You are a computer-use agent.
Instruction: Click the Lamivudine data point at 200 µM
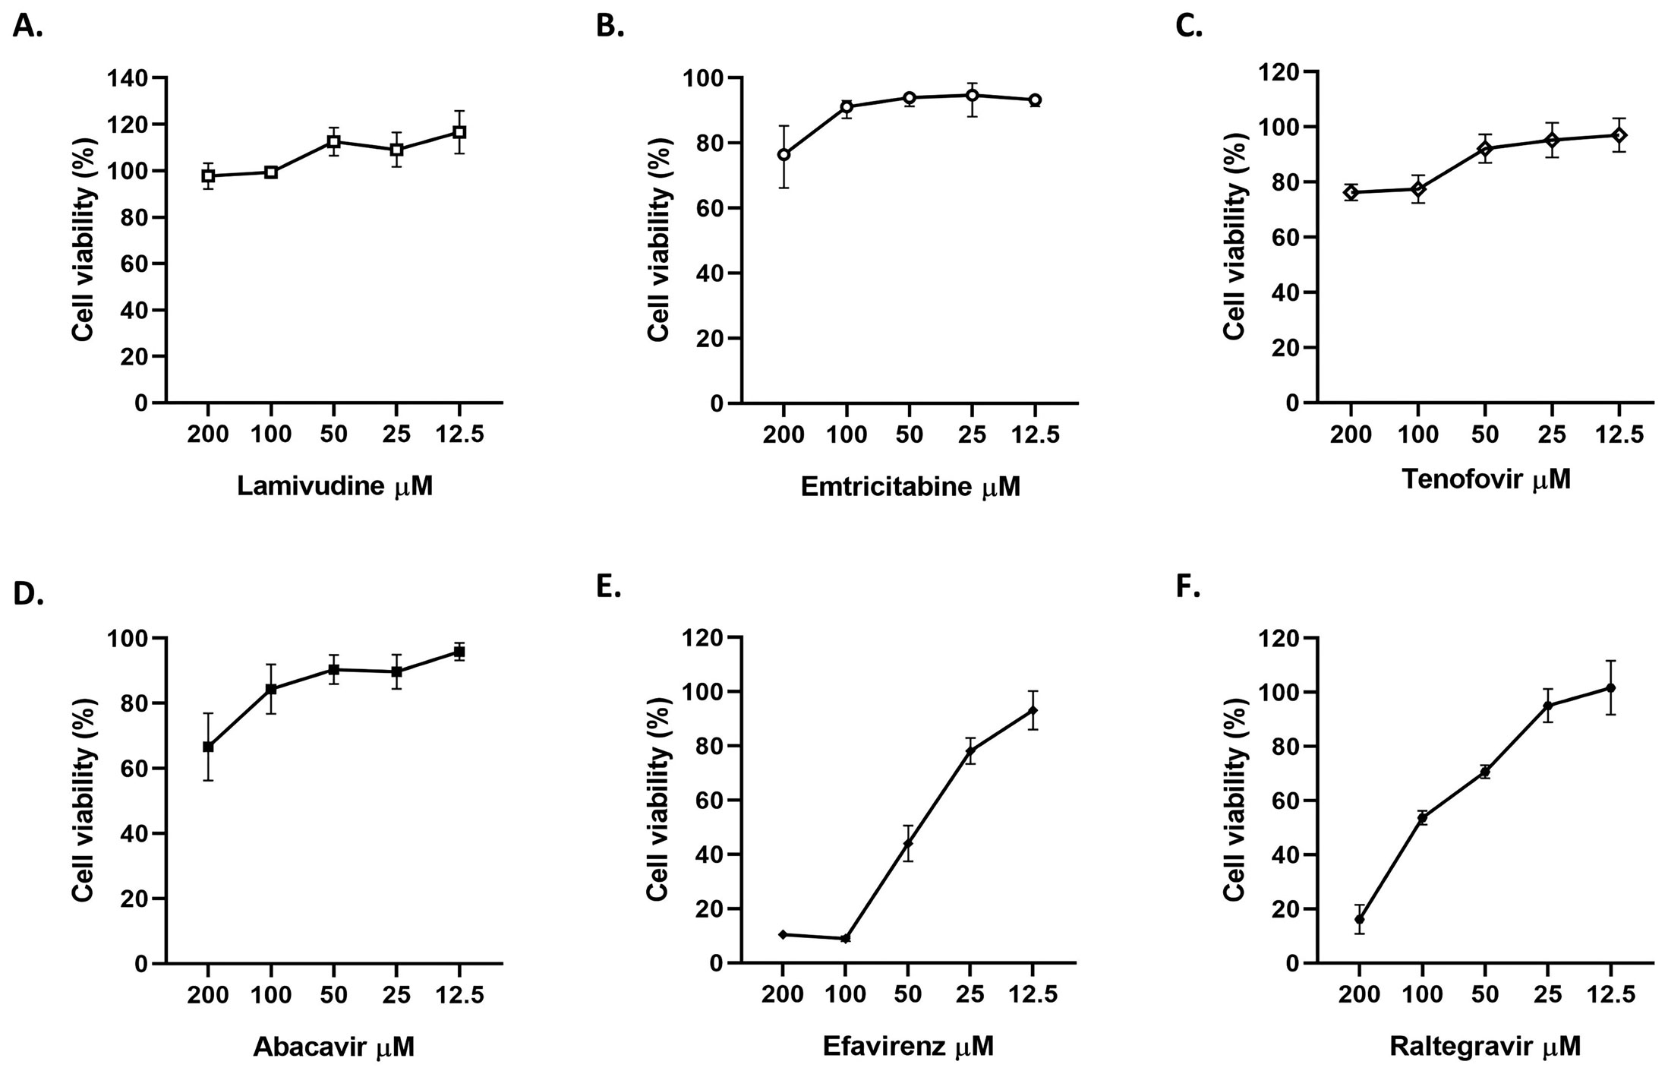[x=208, y=175]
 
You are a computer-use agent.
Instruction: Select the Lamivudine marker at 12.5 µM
[x=459, y=132]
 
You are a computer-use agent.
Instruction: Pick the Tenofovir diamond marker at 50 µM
[x=1485, y=148]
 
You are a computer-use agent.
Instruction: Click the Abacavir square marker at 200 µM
[x=208, y=747]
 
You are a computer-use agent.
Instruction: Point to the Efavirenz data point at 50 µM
[x=907, y=843]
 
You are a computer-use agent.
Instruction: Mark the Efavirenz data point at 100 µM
[x=845, y=939]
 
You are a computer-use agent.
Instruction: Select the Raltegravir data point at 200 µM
[x=1359, y=920]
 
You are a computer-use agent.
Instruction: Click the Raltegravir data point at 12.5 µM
[x=1610, y=688]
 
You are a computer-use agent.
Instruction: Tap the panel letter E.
[x=608, y=587]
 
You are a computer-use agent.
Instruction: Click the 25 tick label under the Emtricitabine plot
[x=971, y=435]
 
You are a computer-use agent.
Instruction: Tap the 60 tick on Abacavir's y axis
[x=135, y=769]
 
